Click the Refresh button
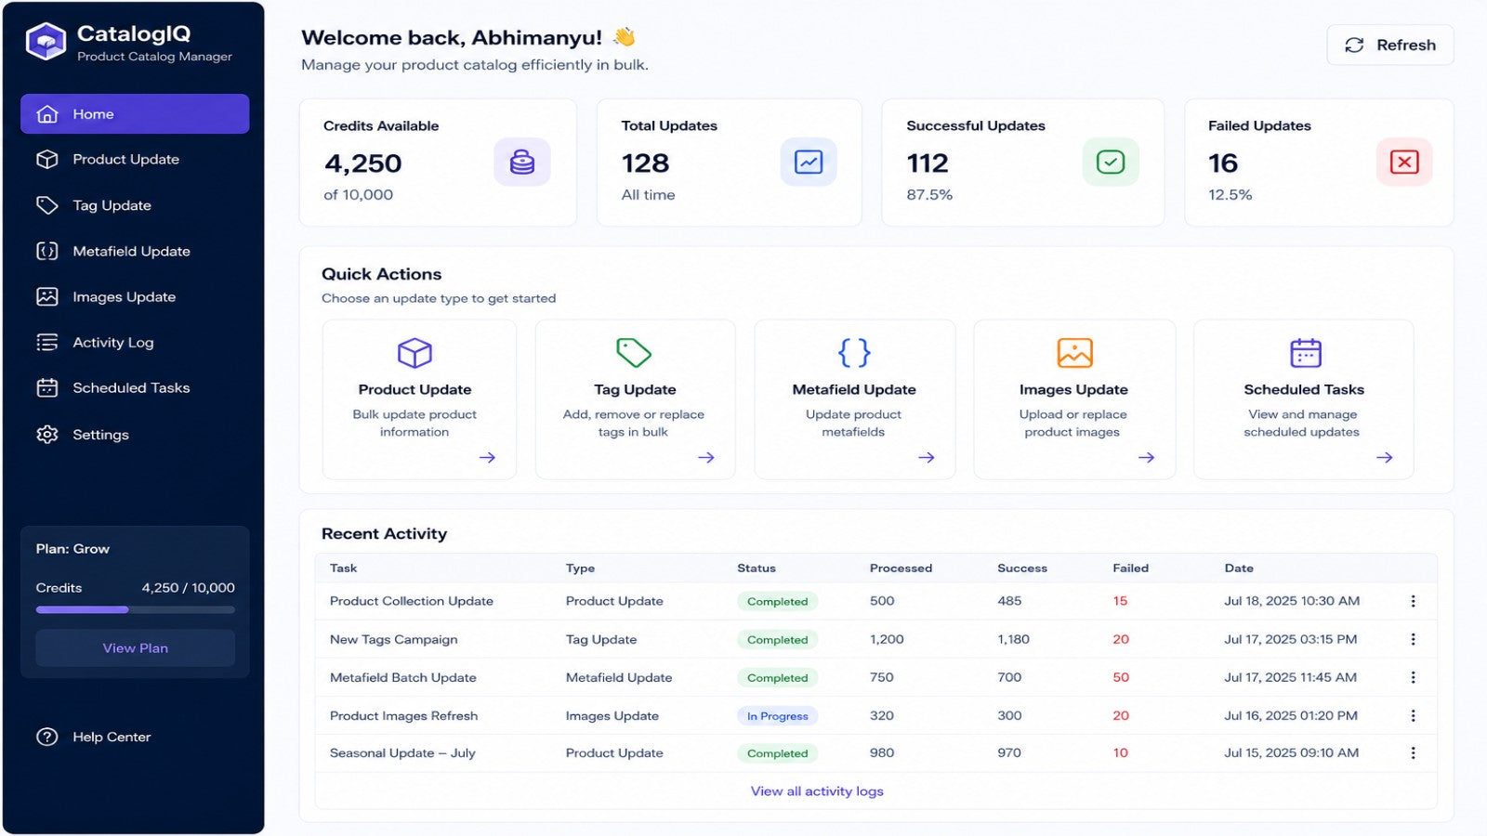tap(1390, 46)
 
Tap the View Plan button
tap(136, 648)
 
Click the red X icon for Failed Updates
tap(1404, 162)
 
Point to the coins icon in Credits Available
tap(521, 162)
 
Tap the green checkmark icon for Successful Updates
tap(1110, 162)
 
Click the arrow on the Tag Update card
tap(706, 458)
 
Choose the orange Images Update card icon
tap(1074, 353)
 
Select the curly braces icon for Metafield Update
tap(854, 353)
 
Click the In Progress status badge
tap(777, 716)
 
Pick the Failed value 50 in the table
tap(1121, 677)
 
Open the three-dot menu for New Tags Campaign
tap(1414, 639)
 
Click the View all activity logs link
tap(817, 790)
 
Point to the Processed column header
tap(901, 568)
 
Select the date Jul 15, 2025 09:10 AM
tap(1292, 753)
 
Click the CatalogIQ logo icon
tap(46, 41)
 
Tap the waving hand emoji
tap(624, 36)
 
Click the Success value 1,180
tap(1014, 640)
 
